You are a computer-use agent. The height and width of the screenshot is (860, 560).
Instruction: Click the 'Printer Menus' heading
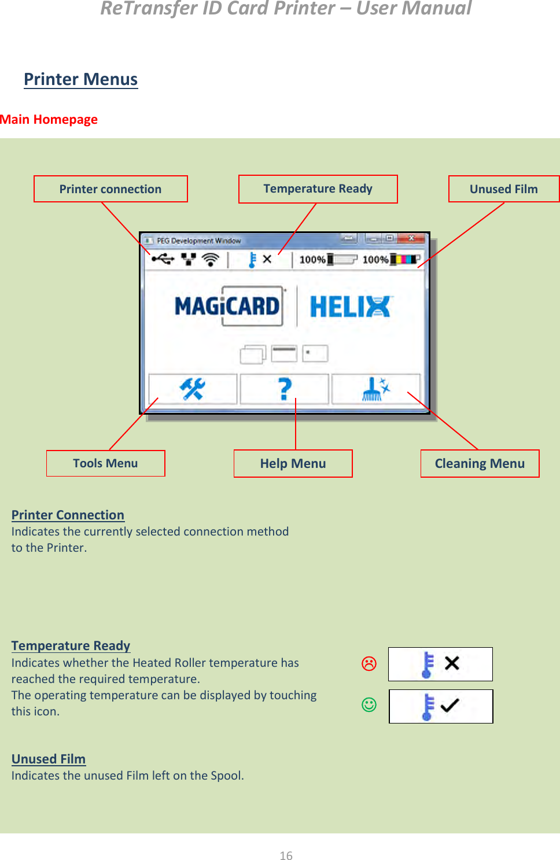[x=80, y=79]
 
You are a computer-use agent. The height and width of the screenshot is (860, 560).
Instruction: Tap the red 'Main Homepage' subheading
[x=49, y=119]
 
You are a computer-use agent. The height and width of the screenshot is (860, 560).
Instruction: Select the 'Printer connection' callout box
[x=110, y=189]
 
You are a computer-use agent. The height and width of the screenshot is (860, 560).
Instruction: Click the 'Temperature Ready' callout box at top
[x=318, y=189]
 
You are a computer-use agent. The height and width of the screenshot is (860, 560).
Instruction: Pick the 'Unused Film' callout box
[x=503, y=189]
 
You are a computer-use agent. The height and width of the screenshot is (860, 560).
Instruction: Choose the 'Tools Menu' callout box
[x=105, y=463]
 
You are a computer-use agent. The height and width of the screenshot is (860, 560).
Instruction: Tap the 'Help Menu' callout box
[x=293, y=463]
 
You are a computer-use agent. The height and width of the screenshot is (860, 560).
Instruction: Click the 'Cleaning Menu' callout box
[x=480, y=463]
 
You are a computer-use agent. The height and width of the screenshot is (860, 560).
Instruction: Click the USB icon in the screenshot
[x=163, y=259]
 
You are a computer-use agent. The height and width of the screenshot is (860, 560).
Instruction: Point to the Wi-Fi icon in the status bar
[x=211, y=260]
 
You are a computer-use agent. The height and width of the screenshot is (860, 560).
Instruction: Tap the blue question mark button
[x=285, y=389]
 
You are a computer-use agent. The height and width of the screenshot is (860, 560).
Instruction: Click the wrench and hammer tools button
[x=192, y=389]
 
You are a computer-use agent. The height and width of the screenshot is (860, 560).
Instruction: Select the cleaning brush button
[x=375, y=389]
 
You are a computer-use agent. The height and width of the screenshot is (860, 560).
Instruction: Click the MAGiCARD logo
[x=228, y=306]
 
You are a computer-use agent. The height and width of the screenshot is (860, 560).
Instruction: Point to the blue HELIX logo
[x=351, y=307]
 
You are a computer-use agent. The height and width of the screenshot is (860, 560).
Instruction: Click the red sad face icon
[x=369, y=663]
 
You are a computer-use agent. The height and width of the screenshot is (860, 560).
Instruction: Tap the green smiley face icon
[x=369, y=704]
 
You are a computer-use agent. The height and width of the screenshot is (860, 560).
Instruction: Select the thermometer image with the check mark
[x=441, y=706]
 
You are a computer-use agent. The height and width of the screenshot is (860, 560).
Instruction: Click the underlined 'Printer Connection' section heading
[x=68, y=515]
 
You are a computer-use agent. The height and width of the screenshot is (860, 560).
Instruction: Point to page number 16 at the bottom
[x=286, y=855]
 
